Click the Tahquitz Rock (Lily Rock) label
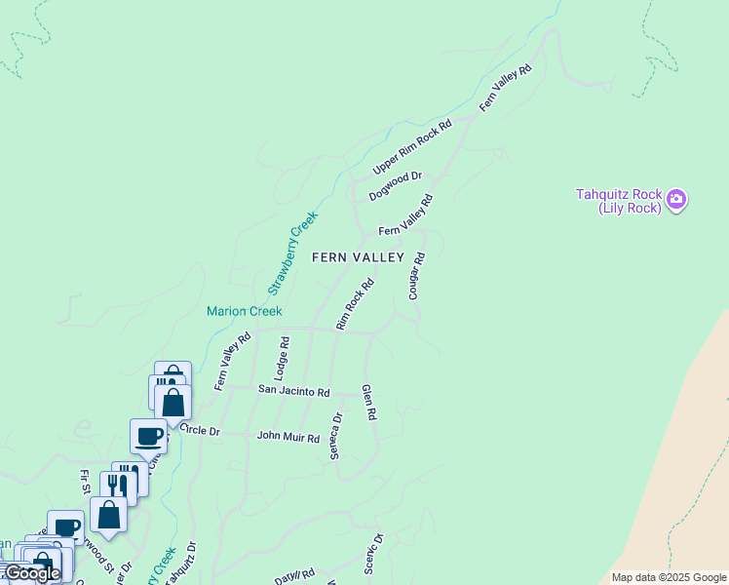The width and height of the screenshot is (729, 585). point(619,200)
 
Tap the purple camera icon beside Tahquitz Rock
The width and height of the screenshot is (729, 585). point(676,202)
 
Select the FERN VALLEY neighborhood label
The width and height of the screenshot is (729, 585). point(358,257)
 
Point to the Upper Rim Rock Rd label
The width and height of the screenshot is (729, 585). point(413,147)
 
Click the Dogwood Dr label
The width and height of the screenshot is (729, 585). point(395,185)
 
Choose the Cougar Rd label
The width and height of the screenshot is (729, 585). point(417,276)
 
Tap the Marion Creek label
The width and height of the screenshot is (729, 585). point(244,312)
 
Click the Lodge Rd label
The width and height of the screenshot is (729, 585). point(282,358)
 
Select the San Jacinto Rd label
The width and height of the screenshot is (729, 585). point(293,390)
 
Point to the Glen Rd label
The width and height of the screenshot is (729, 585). point(368,402)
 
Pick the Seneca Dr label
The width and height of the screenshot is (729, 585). point(335,436)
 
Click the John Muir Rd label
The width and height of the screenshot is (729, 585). point(288,438)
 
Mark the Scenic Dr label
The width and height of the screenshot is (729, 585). point(374,553)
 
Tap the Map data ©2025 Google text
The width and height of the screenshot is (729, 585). point(670,577)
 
